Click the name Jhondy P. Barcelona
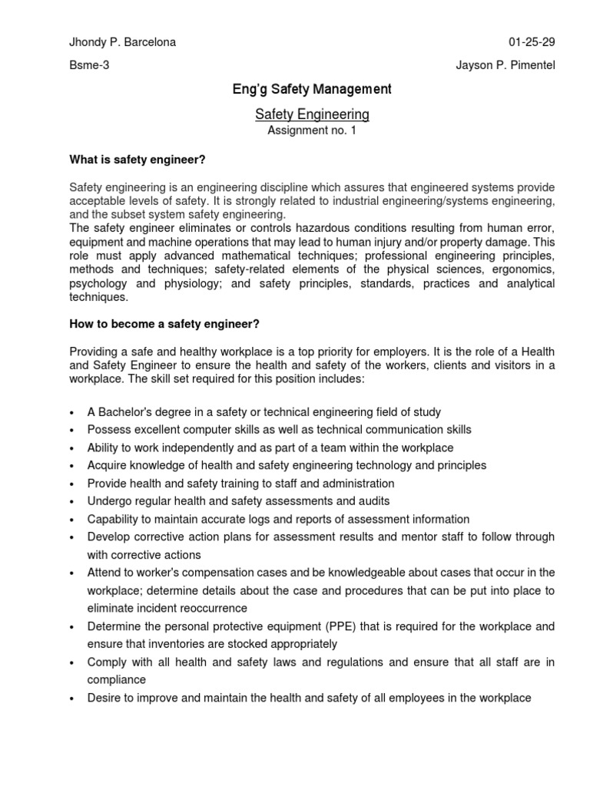[123, 42]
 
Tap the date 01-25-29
[532, 42]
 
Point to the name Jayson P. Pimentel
[505, 65]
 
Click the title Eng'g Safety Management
[312, 90]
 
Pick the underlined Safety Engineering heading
[312, 114]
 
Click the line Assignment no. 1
[312, 130]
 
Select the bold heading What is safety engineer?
[138, 159]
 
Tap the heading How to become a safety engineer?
[159, 323]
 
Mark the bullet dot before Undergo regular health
[72, 502]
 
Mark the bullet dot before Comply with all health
[72, 662]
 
